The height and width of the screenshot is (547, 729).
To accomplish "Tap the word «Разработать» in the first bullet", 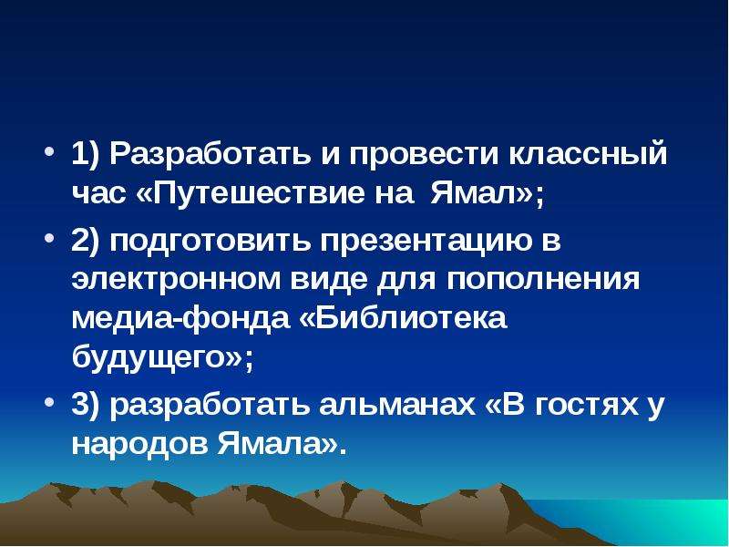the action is [x=210, y=153].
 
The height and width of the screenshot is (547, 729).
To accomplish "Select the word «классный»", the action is [x=588, y=153].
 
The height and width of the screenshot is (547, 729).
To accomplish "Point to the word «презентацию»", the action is [x=426, y=241].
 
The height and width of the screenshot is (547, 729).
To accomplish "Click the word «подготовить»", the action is [x=210, y=241].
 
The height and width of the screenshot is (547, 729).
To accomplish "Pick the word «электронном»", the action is [x=176, y=279].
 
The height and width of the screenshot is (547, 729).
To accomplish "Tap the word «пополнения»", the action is [x=543, y=279].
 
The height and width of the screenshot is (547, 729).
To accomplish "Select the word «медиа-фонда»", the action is [x=180, y=318].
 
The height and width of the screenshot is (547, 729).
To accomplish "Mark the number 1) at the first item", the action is [x=86, y=153].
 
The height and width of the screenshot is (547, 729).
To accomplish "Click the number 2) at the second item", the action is [x=86, y=241].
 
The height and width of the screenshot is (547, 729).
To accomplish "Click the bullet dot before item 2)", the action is [x=49, y=238].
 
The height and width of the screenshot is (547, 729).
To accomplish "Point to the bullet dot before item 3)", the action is [x=49, y=402].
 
